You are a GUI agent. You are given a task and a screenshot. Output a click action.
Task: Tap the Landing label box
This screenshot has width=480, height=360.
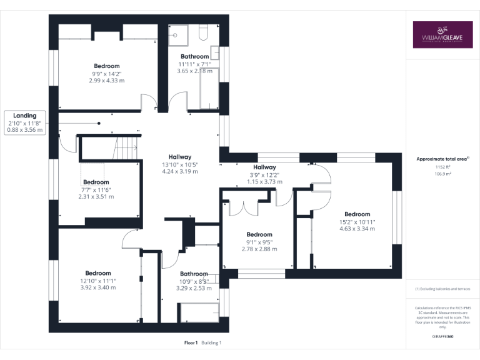click(x=25, y=122)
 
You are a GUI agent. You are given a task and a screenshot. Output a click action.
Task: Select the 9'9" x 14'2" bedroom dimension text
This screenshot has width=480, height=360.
click(x=107, y=73)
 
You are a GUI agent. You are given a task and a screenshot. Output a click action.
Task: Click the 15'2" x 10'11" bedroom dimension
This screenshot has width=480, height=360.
click(x=357, y=221)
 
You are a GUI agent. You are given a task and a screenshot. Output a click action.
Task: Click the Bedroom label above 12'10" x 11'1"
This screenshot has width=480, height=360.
click(x=98, y=273)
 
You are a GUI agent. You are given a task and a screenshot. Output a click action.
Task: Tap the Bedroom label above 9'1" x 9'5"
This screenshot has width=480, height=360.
click(x=259, y=234)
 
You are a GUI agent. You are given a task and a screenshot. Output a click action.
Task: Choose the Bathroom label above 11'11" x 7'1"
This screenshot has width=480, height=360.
click(x=194, y=56)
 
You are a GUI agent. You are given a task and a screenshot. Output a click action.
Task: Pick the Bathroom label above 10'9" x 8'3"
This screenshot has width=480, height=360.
click(x=194, y=274)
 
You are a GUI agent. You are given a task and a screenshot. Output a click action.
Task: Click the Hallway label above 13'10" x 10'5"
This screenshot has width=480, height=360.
click(x=179, y=157)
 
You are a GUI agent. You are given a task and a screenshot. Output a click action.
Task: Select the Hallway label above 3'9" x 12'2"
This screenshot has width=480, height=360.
click(x=264, y=167)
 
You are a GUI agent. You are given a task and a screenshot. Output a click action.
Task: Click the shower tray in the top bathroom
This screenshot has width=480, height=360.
click(x=181, y=34)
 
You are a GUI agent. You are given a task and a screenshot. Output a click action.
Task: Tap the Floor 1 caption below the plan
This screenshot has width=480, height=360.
click(x=191, y=343)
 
